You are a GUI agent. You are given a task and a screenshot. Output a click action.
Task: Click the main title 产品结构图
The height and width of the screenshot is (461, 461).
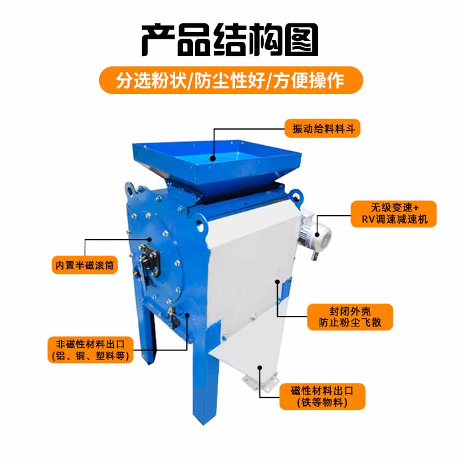230,40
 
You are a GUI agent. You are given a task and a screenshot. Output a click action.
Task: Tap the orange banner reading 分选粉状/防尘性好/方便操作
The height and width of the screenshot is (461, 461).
230,81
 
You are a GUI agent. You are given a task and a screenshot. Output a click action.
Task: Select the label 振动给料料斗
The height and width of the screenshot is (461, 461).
323,128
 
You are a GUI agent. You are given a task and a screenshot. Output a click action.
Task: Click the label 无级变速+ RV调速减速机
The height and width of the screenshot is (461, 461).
393,214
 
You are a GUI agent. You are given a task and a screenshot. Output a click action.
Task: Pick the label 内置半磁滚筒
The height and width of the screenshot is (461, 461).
85,265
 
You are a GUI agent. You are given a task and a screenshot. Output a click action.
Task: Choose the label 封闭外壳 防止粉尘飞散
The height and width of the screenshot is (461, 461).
350,317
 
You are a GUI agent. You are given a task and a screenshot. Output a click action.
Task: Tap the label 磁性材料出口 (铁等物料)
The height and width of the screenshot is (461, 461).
322,396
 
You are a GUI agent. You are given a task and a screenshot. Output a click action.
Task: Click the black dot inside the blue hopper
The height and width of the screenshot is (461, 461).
213,159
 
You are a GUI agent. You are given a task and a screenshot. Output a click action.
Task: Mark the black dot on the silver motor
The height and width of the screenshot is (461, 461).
317,235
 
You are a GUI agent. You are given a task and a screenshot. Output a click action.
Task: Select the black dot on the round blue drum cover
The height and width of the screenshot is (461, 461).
149,240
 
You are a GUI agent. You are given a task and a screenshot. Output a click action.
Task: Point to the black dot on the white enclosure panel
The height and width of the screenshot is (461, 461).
277,282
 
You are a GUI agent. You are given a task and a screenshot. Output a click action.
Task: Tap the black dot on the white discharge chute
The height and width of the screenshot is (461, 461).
259,367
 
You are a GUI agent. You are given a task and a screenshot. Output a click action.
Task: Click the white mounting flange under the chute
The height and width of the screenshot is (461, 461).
260,382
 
